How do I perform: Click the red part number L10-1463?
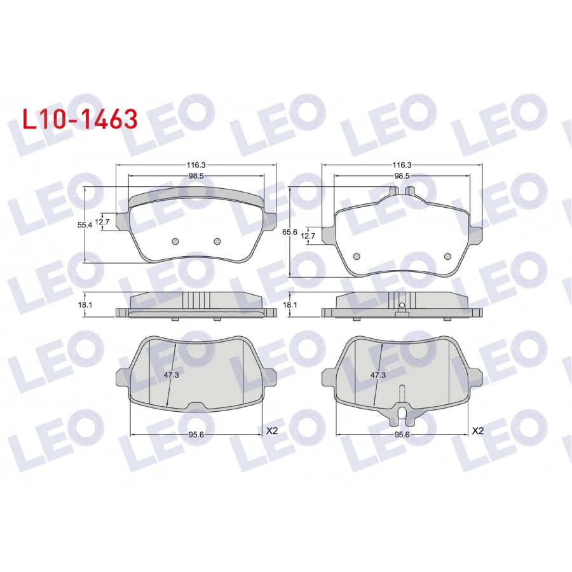[79, 119]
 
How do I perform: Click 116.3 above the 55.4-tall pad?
[195, 164]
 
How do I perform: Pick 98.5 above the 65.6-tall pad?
[401, 175]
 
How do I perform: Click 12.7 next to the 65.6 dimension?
[308, 236]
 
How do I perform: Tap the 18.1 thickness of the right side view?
[290, 304]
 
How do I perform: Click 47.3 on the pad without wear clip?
[171, 375]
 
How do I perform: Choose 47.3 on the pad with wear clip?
[378, 375]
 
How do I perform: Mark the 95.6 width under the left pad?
[195, 435]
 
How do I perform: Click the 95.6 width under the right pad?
[401, 435]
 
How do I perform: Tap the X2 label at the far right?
[477, 430]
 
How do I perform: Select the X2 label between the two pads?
[272, 430]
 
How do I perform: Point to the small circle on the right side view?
[402, 306]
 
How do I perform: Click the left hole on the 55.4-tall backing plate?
[176, 241]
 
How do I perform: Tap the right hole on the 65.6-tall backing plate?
[447, 255]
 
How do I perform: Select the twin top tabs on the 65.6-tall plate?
[402, 190]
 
